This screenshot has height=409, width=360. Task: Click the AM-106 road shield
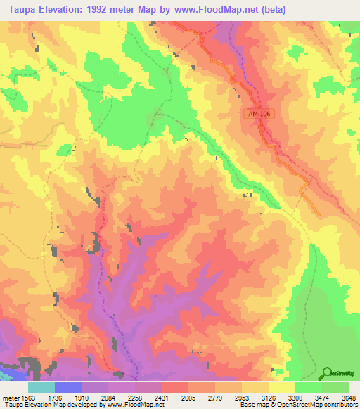click(258, 114)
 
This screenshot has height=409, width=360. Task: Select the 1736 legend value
click(54, 396)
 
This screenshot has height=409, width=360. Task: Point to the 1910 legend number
click(81, 396)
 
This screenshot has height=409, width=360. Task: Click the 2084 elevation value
click(108, 396)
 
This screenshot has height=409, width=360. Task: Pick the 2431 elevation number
click(161, 396)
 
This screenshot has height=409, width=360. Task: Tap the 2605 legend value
click(188, 396)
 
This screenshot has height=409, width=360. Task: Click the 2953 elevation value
click(241, 396)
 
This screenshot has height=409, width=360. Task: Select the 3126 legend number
click(268, 396)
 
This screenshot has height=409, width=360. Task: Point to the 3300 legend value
click(295, 396)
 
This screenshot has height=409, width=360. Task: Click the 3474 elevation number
click(321, 396)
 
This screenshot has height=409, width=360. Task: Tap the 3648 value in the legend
click(347, 396)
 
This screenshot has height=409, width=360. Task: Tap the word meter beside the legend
click(9, 396)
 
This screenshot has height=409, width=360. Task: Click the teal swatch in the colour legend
click(41, 387)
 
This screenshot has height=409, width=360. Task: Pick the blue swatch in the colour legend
click(67, 387)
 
